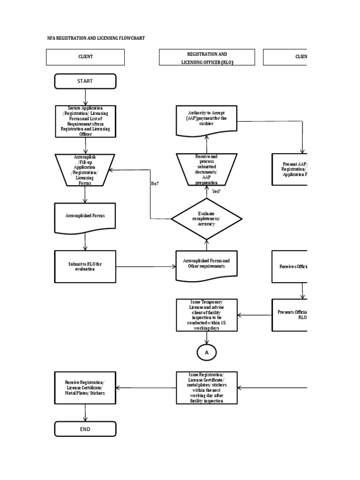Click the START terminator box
pos(85,81)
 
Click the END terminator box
pos(85,429)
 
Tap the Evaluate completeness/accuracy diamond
pos(206,218)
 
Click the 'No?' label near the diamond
pos(155,183)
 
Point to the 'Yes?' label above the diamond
pos(216,191)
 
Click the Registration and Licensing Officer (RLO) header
pos(207,58)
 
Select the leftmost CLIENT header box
pos(85,57)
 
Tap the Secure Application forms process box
pos(85,121)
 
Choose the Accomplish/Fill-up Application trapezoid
pos(85,170)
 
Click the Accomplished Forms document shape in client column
pos(85,216)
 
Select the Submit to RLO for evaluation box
pos(85,266)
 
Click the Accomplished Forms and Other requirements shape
pos(206,264)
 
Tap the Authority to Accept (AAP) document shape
pos(206,119)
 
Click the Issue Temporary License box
pos(206,315)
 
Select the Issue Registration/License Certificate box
pos(206,388)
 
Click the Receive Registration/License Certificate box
pos(85,388)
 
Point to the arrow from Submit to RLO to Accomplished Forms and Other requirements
pos(146,267)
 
